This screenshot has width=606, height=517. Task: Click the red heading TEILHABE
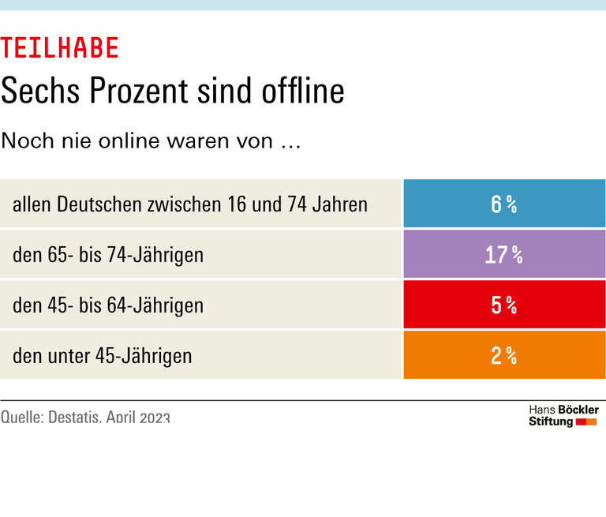click(60, 48)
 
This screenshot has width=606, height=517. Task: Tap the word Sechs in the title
click(40, 91)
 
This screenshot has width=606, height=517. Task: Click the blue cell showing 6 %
click(504, 204)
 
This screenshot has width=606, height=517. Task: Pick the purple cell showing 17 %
click(504, 254)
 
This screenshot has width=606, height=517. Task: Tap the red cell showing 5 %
click(504, 305)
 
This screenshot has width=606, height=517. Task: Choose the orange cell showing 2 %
click(504, 355)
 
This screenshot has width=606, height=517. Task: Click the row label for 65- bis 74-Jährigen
click(108, 255)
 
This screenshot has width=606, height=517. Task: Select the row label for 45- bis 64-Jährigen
click(108, 305)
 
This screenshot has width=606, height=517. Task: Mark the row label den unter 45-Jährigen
click(102, 356)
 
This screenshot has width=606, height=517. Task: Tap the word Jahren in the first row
click(341, 204)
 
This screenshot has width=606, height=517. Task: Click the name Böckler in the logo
click(578, 410)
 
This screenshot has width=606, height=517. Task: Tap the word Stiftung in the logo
click(551, 421)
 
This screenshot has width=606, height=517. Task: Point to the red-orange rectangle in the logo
click(586, 422)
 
